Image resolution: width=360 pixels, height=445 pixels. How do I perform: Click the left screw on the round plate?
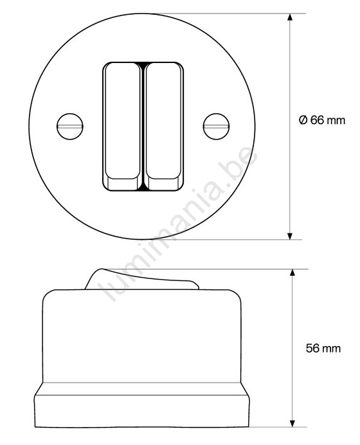pos(70,126)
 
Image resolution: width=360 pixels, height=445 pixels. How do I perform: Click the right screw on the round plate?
pos(217,126)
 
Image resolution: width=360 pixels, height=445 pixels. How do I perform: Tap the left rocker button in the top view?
pos(122,126)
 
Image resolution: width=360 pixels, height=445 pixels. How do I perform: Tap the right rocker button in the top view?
pos(163,126)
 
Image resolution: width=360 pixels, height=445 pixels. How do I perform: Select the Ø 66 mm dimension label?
pos(322,120)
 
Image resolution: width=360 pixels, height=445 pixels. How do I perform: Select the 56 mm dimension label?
pos(323,349)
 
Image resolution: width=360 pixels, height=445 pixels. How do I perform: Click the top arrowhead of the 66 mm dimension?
pos(290,17)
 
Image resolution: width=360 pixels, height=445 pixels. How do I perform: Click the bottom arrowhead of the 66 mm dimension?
pos(290,236)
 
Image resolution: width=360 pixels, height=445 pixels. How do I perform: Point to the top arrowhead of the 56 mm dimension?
pos(292,273)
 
